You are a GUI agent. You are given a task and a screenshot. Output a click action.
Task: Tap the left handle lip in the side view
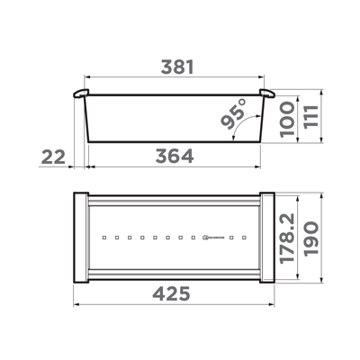79,94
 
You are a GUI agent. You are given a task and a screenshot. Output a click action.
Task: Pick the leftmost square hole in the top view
105,238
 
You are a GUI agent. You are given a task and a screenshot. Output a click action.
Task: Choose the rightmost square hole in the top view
244,238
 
